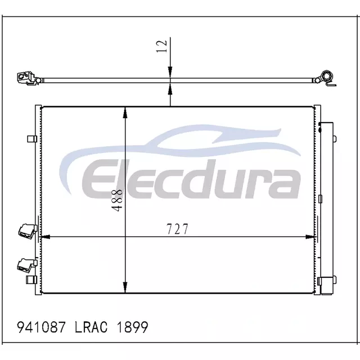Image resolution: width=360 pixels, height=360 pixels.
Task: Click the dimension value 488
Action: [x=117, y=200]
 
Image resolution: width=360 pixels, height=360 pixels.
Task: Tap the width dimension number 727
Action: [x=177, y=229]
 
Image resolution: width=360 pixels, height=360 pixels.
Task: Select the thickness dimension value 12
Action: [x=161, y=46]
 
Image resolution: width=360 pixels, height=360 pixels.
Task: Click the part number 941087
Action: [x=42, y=327]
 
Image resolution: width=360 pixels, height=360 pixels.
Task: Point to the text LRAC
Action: [x=91, y=327]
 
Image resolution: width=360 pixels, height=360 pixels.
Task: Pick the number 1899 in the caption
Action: [x=133, y=327]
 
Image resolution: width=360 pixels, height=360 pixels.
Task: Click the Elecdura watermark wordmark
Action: [x=191, y=179]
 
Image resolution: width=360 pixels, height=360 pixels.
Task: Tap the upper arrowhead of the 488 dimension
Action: [x=125, y=112]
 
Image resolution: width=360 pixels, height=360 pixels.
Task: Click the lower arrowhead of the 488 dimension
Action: [x=125, y=287]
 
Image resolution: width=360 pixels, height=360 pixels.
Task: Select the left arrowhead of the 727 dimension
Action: [x=45, y=237]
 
